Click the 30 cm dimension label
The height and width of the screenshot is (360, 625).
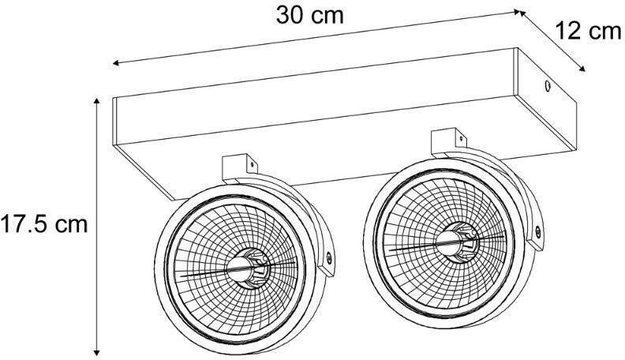(x=310, y=16)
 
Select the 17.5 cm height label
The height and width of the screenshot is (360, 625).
(x=44, y=224)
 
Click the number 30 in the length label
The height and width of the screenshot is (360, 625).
(x=291, y=16)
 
